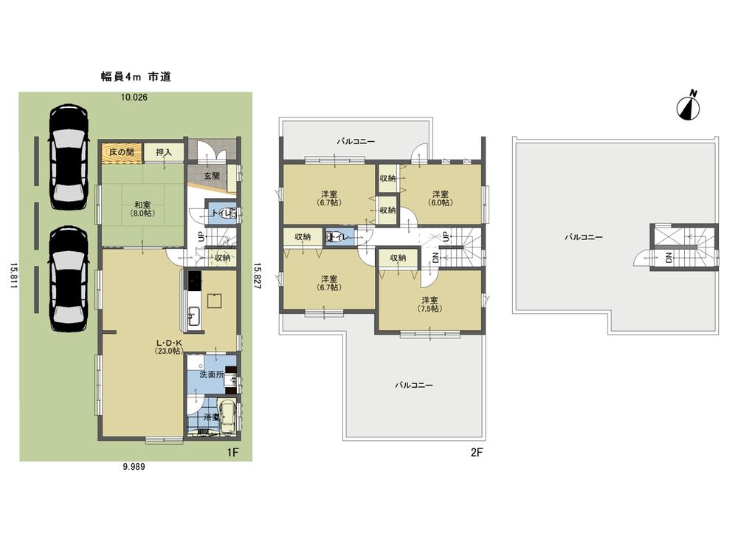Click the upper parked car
click(x=68, y=156)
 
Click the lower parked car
click(x=68, y=278)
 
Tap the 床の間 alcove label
click(x=121, y=151)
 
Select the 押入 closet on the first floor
click(x=163, y=151)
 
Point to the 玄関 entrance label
click(x=212, y=177)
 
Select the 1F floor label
click(x=233, y=448)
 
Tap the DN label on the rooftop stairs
click(x=669, y=258)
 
